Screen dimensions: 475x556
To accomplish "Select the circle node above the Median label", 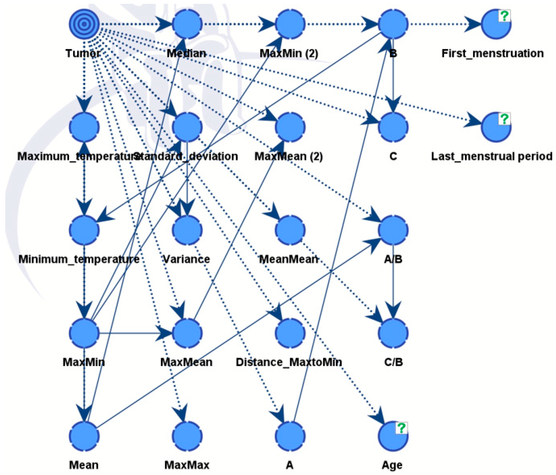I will coord(187,24).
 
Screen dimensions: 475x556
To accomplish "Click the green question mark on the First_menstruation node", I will coord(504,16).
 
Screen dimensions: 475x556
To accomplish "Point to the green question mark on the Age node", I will coord(401,428).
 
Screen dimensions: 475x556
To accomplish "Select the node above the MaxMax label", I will coord(187,436).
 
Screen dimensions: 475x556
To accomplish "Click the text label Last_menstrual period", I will coord(492,156).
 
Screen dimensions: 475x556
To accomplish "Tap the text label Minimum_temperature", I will coord(79,259).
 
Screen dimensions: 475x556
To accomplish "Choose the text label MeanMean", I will coord(289,259).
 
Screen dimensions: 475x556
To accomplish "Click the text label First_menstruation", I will coord(492,53).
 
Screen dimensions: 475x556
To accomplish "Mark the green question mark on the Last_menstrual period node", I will coord(504,119).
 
